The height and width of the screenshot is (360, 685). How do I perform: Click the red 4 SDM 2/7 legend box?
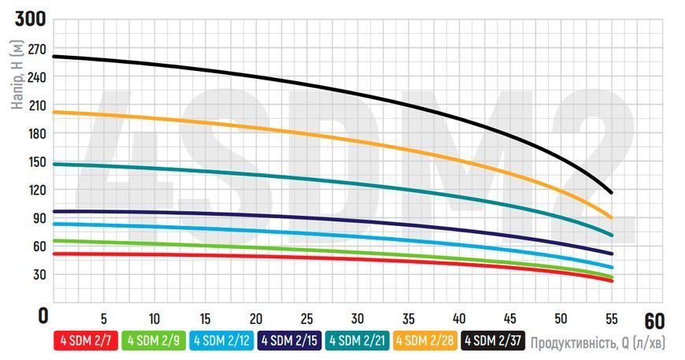pyautogui.click(x=86, y=340)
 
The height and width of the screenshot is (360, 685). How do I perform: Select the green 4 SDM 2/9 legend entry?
pyautogui.click(x=154, y=340)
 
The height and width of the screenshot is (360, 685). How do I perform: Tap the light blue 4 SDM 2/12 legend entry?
pyautogui.click(x=221, y=340)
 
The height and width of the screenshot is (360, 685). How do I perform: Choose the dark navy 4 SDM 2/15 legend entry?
pyautogui.click(x=290, y=340)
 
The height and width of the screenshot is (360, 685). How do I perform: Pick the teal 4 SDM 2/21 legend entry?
pyautogui.click(x=357, y=340)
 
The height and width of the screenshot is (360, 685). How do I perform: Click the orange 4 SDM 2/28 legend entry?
pyautogui.click(x=425, y=340)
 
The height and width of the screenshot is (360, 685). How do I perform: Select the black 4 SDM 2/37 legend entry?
pyautogui.click(x=493, y=340)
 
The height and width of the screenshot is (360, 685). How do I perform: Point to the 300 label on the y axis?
pyautogui.click(x=30, y=19)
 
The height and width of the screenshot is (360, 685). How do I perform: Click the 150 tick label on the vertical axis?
pyautogui.click(x=37, y=162)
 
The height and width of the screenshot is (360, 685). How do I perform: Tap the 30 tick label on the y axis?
pyautogui.click(x=39, y=275)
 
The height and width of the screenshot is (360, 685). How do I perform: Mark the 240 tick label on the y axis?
pyautogui.click(x=37, y=77)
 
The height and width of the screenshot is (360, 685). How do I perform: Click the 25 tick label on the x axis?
pyautogui.click(x=307, y=319)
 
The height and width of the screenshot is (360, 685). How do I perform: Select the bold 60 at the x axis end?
pyautogui.click(x=654, y=321)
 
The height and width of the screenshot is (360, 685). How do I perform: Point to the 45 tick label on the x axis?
pyautogui.click(x=510, y=319)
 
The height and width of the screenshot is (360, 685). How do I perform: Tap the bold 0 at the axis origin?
pyautogui.click(x=43, y=316)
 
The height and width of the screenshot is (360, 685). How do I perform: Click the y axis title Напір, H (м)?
pyautogui.click(x=17, y=75)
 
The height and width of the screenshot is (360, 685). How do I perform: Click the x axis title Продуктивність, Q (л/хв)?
pyautogui.click(x=598, y=343)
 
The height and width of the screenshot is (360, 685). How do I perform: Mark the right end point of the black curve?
pyautogui.click(x=611, y=192)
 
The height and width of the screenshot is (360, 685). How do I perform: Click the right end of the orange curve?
pyautogui.click(x=611, y=217)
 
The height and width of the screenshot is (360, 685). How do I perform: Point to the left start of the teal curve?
pyautogui.click(x=54, y=165)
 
